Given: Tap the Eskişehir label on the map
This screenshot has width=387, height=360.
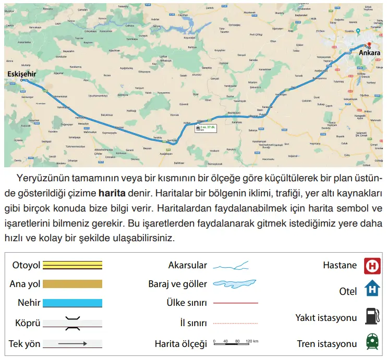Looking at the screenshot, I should (x=22, y=74).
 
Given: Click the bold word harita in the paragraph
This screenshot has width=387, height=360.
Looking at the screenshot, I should (x=112, y=193).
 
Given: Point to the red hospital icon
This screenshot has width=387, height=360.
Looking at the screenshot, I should (x=372, y=266).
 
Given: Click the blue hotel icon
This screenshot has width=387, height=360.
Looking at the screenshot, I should (x=372, y=288).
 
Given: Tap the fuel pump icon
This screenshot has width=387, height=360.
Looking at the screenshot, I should (x=371, y=316).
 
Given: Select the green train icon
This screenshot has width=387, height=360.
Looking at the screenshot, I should (x=372, y=342).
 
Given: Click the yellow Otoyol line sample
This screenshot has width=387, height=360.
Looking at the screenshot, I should (x=72, y=266).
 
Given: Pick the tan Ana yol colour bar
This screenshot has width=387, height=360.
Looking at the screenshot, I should (x=72, y=284).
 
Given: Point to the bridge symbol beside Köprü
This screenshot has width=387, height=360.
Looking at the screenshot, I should (x=72, y=324).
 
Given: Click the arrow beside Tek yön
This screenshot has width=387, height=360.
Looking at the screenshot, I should (x=72, y=344).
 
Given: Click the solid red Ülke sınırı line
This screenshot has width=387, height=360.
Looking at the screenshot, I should (x=236, y=303).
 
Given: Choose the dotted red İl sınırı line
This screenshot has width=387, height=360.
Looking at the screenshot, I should (x=236, y=324).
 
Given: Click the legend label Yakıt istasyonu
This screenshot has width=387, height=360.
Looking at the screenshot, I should (x=326, y=317).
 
